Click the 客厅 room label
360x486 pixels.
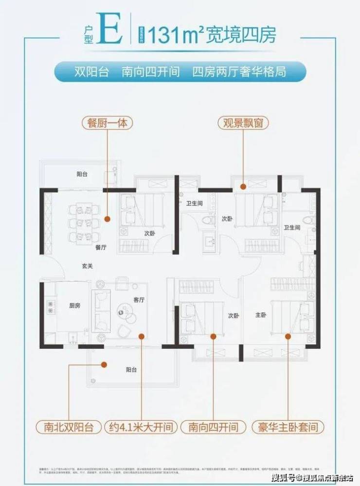tap(139, 300)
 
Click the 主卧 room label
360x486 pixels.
tap(261, 315)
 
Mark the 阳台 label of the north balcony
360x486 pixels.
tap(82, 174)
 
